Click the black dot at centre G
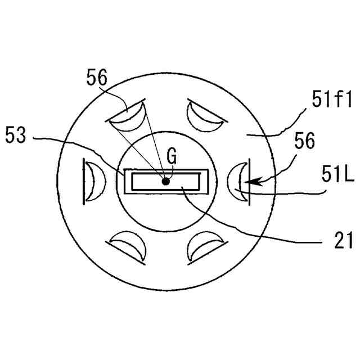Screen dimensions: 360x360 tap(165, 182)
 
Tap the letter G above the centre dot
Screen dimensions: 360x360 tap(172, 156)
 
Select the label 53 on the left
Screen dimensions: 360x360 tap(16, 135)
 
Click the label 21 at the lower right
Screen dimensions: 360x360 tap(343, 240)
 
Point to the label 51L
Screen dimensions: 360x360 tap(337, 174)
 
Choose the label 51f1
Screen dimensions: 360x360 tap(332, 99)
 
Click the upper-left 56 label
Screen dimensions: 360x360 tap(97, 77)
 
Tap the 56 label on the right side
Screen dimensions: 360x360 tap(305, 141)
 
